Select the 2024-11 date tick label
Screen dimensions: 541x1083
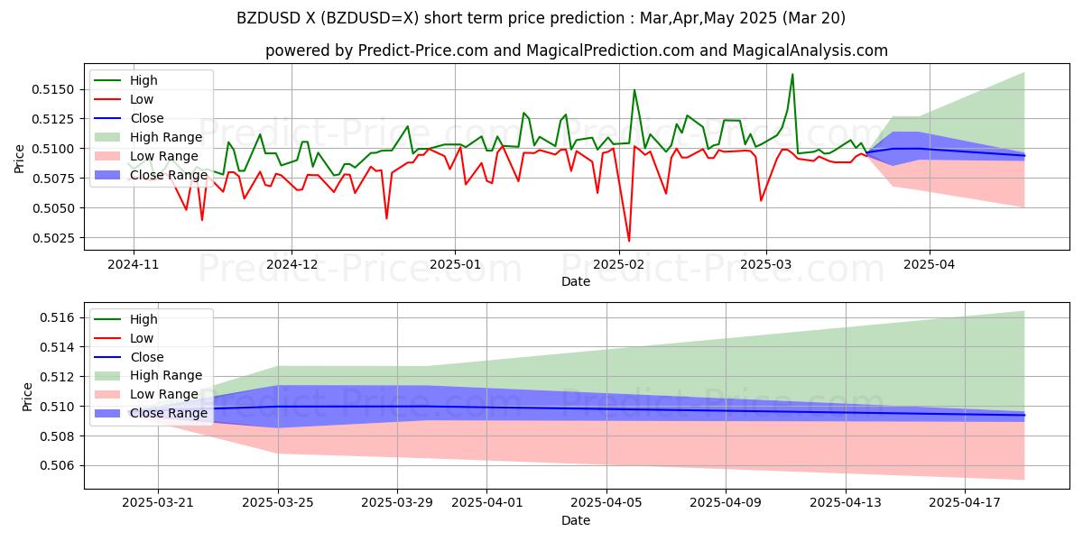coord(134,264)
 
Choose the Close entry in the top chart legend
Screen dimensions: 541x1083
coord(147,118)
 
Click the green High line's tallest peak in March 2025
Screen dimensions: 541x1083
coord(792,74)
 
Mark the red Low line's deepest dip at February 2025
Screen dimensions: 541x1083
coord(629,241)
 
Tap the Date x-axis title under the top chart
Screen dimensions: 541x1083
coord(576,281)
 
